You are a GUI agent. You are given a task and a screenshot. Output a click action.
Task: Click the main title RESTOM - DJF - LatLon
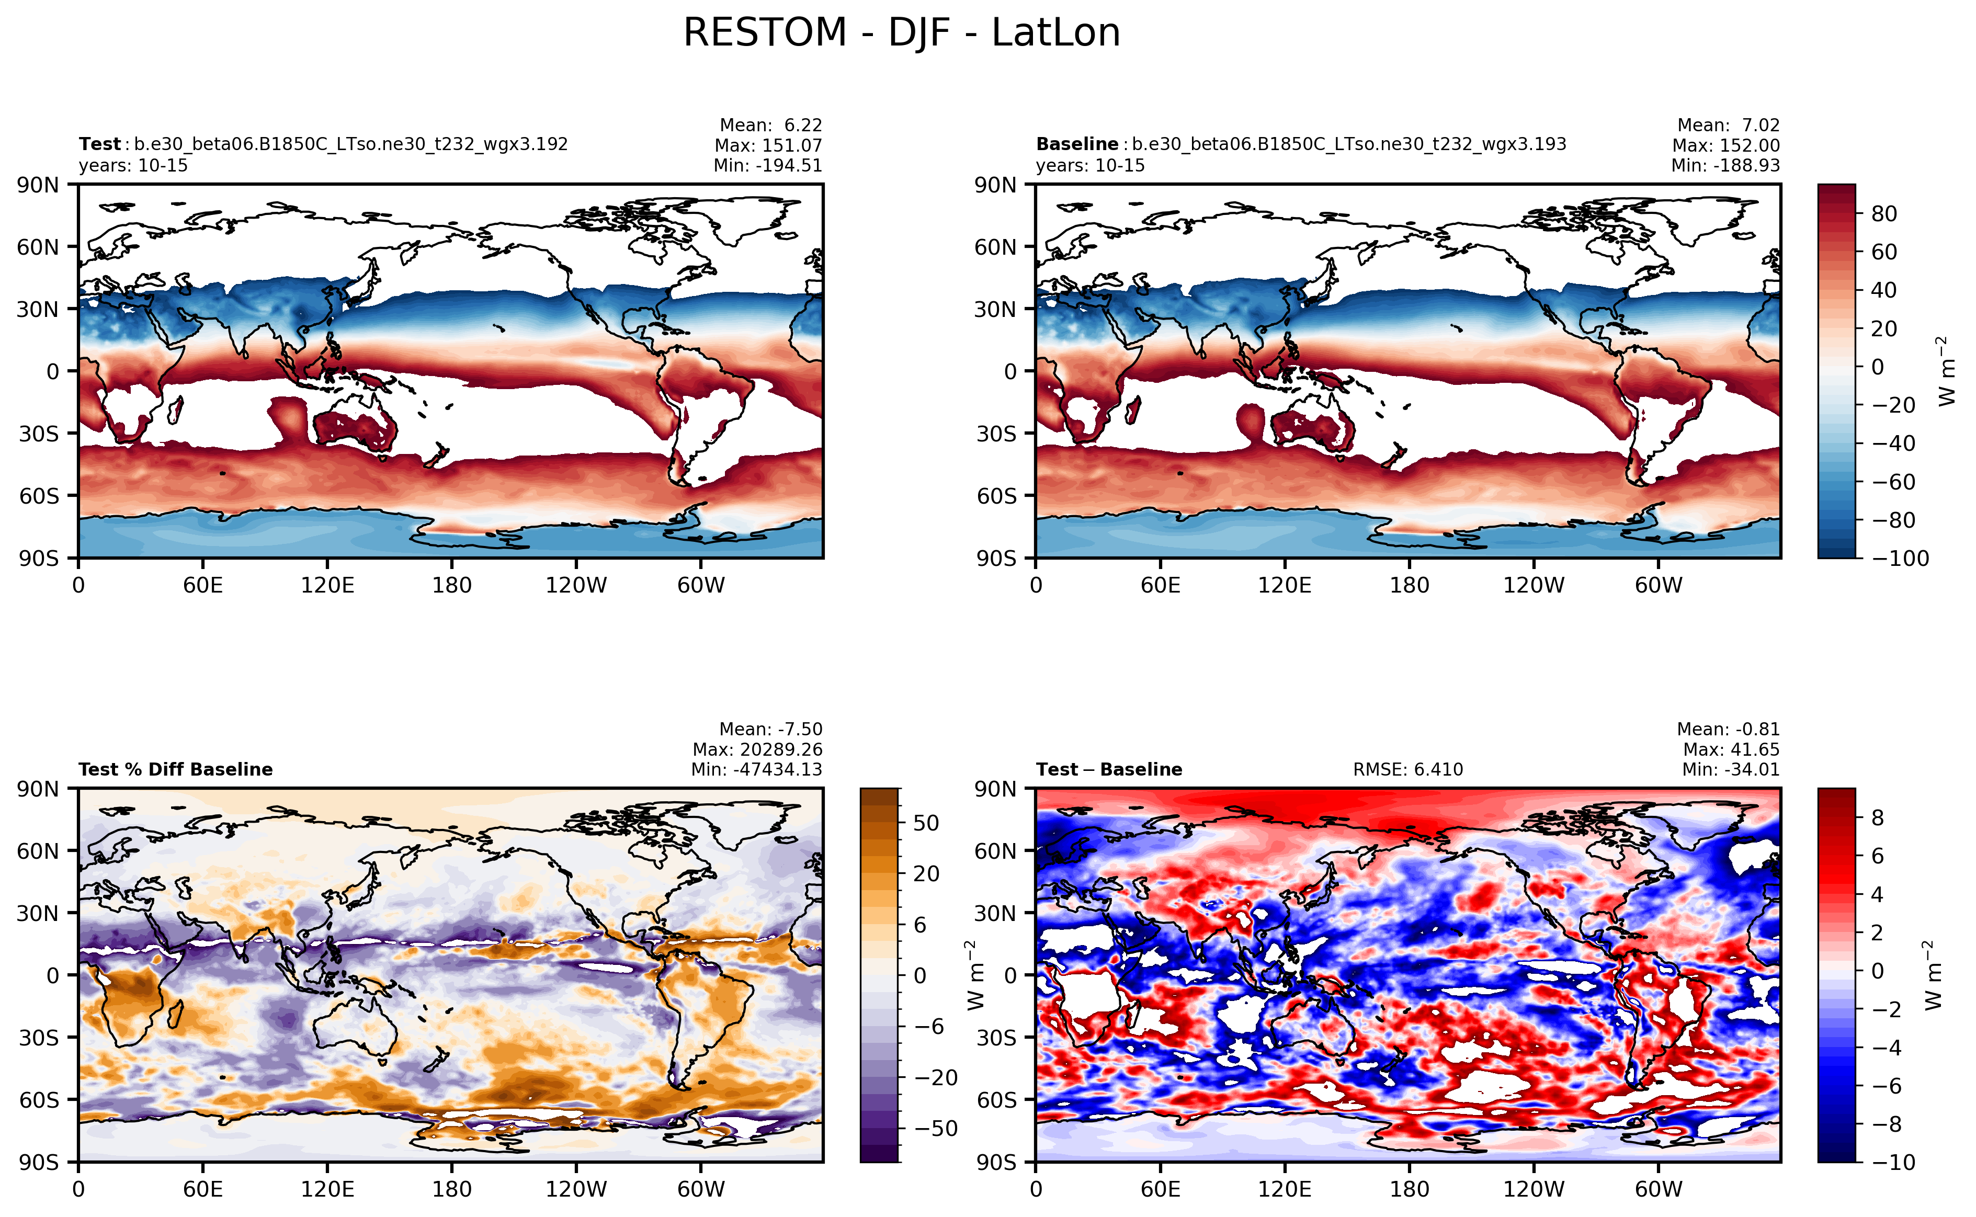coord(902,34)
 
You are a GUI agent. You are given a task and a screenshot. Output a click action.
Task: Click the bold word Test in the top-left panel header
coord(99,144)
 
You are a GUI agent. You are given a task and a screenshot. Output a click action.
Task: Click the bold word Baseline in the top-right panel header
coord(1076,144)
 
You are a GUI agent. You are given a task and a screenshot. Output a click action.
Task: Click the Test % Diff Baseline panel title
coord(175,769)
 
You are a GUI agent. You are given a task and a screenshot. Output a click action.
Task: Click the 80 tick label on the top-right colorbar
coord(1883,214)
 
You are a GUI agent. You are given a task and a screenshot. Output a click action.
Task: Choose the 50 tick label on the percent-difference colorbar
coord(926,823)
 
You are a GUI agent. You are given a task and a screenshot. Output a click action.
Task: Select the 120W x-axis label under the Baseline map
coord(1534,585)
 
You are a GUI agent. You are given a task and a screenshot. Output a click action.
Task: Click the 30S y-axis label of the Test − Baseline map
coord(996,1038)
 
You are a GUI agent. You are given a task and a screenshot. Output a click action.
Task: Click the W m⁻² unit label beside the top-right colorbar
coord(1946,371)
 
